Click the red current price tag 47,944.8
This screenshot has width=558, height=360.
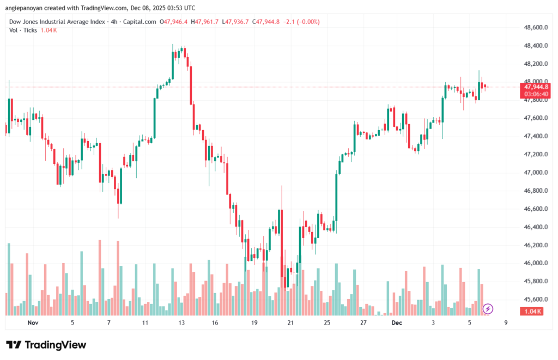(536, 87)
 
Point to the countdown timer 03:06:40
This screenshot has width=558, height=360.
(536, 94)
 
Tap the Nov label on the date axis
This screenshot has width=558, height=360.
(33, 322)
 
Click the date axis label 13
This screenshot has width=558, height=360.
(181, 322)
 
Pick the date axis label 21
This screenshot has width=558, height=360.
(290, 322)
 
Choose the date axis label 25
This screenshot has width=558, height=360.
(326, 322)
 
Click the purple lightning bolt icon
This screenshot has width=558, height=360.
(488, 309)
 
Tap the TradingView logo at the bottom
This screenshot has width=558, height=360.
(46, 345)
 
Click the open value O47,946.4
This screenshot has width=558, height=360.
(173, 22)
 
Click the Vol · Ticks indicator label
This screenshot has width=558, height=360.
(23, 30)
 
